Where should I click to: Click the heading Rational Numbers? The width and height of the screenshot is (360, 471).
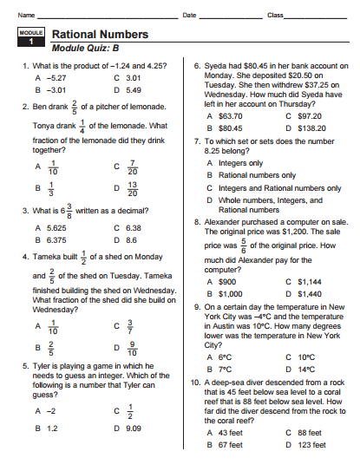(x=100, y=35)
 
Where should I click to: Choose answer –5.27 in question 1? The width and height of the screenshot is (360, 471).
(x=56, y=77)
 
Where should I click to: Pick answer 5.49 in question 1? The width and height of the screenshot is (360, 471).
(x=133, y=89)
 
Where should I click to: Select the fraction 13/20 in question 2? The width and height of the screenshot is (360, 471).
(x=132, y=187)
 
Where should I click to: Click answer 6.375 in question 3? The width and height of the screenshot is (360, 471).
(x=56, y=239)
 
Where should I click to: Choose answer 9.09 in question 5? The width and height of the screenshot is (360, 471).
(x=133, y=428)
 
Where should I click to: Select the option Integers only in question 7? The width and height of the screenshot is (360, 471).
(x=241, y=162)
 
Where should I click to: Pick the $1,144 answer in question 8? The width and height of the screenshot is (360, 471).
(x=311, y=282)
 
